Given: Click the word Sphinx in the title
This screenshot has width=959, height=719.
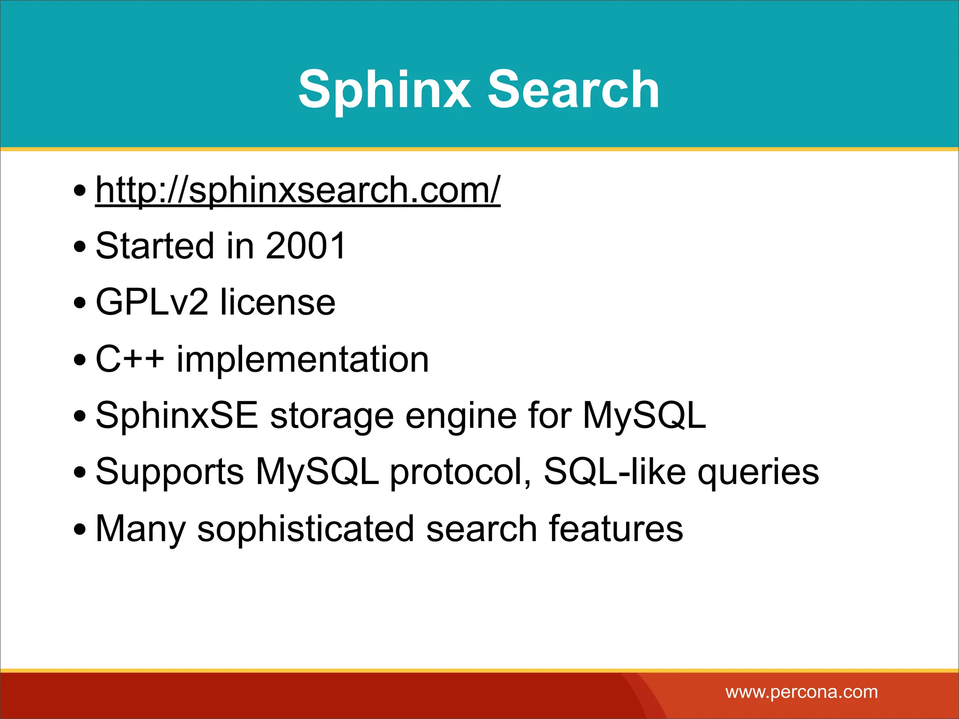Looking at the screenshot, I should coord(384,89).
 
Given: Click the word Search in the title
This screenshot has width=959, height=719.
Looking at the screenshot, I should coord(573,89).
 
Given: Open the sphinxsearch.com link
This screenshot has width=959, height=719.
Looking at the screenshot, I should coord(298,190).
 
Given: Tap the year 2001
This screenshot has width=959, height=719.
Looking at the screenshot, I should coord(305,246).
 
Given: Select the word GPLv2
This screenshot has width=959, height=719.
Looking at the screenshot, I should coord(152,302).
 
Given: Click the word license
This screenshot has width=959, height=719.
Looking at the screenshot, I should coord(278,302).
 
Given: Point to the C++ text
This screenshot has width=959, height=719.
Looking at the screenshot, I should coord(130,359).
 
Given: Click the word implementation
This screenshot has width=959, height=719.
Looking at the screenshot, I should coord(302,359).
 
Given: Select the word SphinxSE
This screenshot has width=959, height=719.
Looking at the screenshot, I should coord(177,416).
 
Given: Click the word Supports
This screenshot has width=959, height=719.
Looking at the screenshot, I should coord(170,472).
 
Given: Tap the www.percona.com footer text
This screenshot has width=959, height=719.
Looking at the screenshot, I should coord(802,692).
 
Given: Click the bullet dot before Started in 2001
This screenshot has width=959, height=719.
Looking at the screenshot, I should coord(80,247).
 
